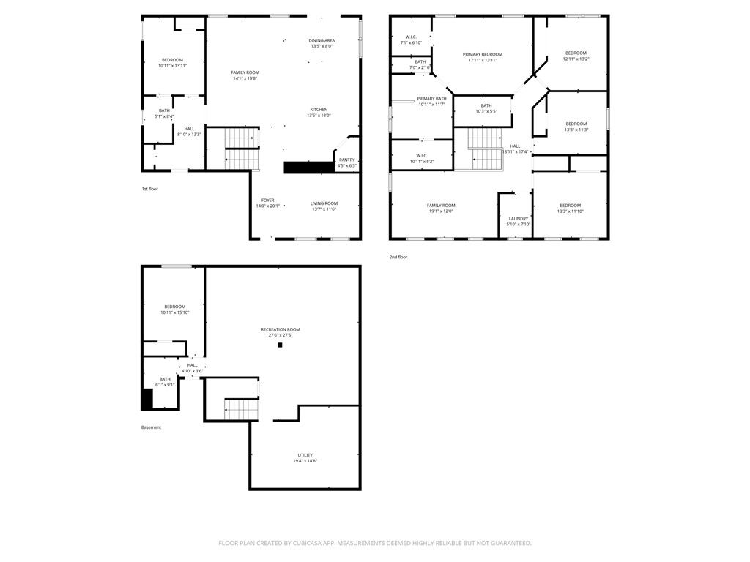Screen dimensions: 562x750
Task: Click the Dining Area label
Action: point(322,40)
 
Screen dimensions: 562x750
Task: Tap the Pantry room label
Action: point(346,160)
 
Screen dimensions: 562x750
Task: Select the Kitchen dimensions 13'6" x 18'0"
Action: point(318,115)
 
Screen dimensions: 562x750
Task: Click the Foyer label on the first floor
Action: point(268,200)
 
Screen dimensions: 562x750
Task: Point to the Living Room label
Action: point(323,203)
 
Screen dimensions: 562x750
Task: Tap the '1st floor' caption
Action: point(149,189)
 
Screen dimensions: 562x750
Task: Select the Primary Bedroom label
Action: point(482,54)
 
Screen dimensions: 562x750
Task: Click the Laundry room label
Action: point(518,218)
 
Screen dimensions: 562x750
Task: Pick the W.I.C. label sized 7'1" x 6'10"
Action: point(411,37)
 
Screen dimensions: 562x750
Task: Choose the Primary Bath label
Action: point(431,98)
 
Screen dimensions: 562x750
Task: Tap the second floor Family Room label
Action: point(441,206)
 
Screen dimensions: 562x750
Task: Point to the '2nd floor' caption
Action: point(398,257)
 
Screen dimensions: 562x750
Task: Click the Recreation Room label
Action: point(281,329)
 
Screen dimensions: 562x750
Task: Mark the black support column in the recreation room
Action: point(279,345)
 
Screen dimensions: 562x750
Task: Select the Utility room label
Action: point(305,455)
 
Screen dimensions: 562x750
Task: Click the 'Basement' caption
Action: point(151,427)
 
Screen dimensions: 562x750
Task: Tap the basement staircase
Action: point(242,409)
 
